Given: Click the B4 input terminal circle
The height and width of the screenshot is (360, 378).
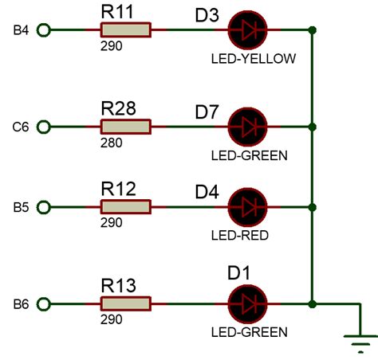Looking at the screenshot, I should pyautogui.click(x=44, y=30).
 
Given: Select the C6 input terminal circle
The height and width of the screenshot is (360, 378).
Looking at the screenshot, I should pyautogui.click(x=44, y=126).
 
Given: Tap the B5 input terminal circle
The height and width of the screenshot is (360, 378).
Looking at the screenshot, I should pyautogui.click(x=44, y=207).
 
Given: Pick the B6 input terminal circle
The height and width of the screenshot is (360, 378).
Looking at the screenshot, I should pyautogui.click(x=44, y=303).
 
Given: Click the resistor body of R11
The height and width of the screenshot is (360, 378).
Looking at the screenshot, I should pyautogui.click(x=125, y=30).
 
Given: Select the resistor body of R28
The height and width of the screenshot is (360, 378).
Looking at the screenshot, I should pyautogui.click(x=125, y=126).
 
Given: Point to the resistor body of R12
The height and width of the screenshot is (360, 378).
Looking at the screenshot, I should pyautogui.click(x=125, y=207).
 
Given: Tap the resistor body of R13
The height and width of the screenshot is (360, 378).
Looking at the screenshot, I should pyautogui.click(x=125, y=303).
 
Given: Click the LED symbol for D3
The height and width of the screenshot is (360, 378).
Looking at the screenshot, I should pyautogui.click(x=247, y=30).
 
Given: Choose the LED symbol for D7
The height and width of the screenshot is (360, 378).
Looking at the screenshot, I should pyautogui.click(x=247, y=126).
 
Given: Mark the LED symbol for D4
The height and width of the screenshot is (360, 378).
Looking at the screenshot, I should pyautogui.click(x=247, y=207).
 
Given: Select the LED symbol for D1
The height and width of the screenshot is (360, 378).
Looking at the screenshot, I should pyautogui.click(x=247, y=303).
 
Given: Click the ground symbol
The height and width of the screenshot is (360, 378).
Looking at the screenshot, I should pyautogui.click(x=360, y=342).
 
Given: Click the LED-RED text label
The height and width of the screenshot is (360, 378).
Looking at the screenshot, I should pyautogui.click(x=239, y=235).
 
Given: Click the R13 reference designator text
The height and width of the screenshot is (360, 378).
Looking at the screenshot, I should pyautogui.click(x=118, y=285).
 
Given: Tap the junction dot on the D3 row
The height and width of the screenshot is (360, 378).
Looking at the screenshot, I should pyautogui.click(x=313, y=30).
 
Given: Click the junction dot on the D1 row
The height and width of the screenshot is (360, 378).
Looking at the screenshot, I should pyautogui.click(x=313, y=303).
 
